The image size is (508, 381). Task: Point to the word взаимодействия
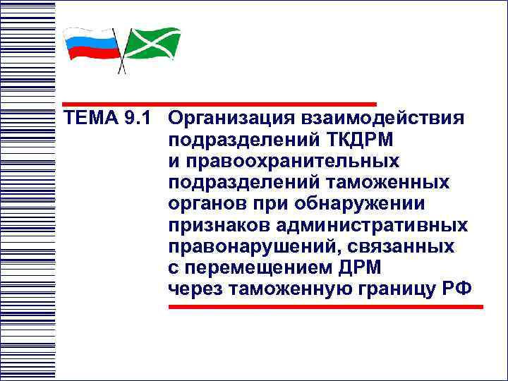click(x=382, y=118)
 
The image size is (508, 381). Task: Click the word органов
click(x=206, y=204)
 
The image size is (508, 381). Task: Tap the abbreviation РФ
click(x=458, y=289)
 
